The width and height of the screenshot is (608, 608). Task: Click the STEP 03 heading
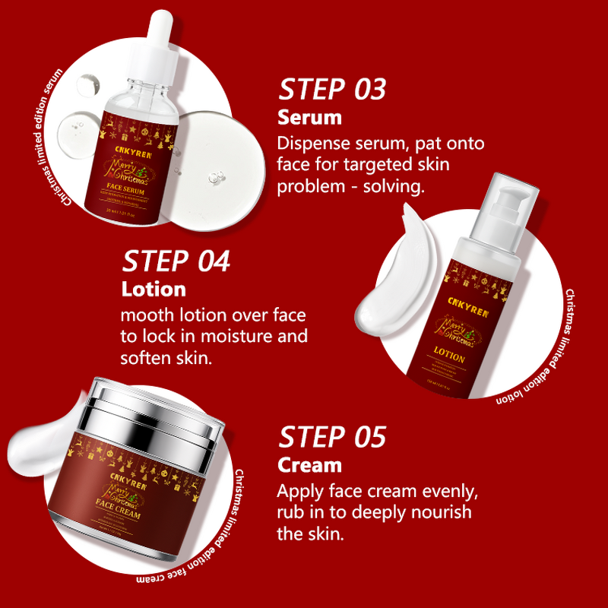click(x=332, y=90)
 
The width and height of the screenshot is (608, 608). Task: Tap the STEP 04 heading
click(x=176, y=261)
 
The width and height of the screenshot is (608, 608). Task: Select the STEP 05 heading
click(x=332, y=437)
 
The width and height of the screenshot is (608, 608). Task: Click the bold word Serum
click(x=309, y=118)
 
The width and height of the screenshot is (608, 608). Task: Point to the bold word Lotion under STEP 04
click(x=154, y=289)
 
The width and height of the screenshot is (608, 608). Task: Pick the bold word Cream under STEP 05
click(x=309, y=464)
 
